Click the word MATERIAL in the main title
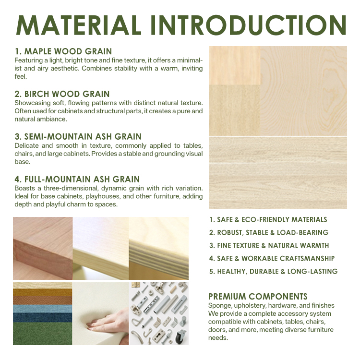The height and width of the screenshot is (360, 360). [x=79, y=25]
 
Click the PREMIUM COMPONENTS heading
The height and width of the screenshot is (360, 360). [x=258, y=297]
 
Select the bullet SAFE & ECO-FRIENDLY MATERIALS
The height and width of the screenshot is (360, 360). [x=268, y=220]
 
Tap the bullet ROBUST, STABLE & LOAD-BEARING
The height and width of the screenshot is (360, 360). [x=269, y=233]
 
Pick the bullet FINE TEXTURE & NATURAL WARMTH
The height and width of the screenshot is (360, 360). [x=269, y=245]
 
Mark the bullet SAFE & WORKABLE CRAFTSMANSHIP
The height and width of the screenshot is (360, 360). [x=272, y=259]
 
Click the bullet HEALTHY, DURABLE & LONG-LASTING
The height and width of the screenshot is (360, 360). [x=273, y=271]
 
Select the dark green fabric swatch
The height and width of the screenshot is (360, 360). [x=42, y=334]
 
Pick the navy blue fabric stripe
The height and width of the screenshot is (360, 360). [x=42, y=318]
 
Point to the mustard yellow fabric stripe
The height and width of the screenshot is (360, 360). [x=42, y=292]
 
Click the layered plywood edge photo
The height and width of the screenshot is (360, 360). [x=159, y=248]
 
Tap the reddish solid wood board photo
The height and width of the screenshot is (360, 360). [x=43, y=248]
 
